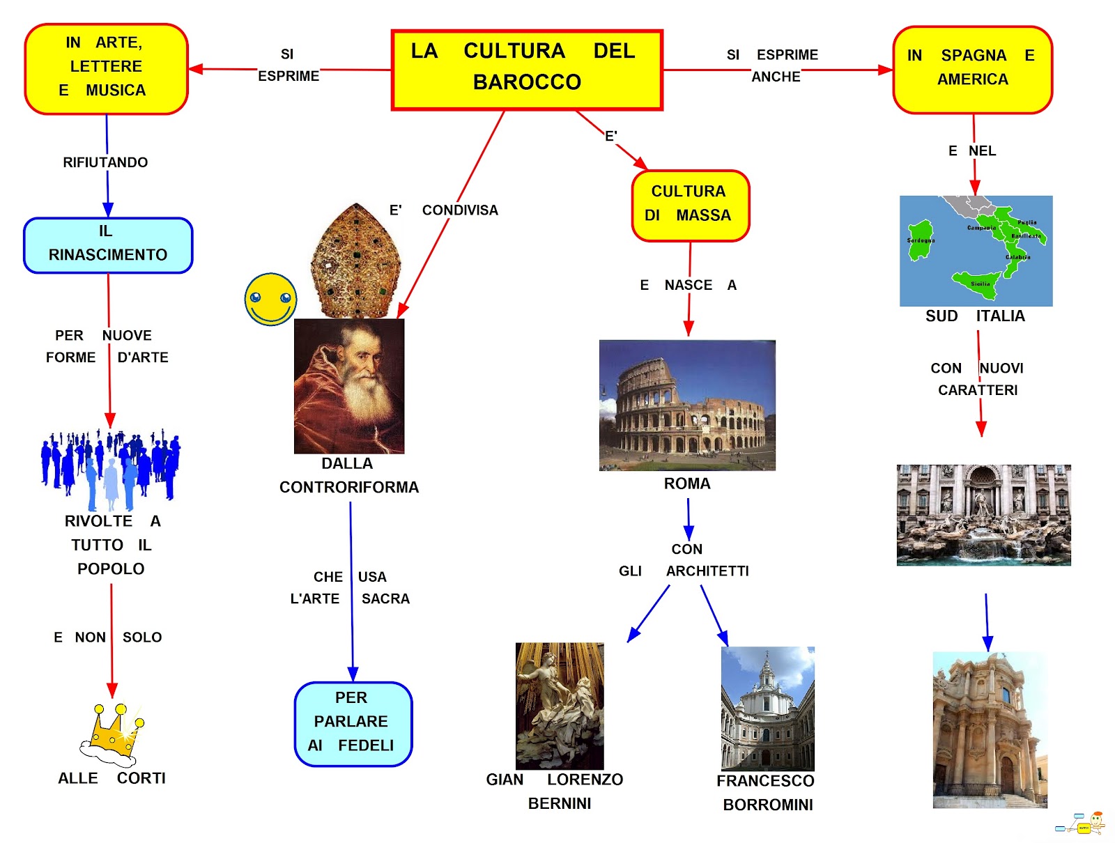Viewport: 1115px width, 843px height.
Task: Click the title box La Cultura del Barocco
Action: (x=527, y=70)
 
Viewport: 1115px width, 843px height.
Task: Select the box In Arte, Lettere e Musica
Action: (x=106, y=68)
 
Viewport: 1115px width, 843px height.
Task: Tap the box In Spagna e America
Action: (x=972, y=69)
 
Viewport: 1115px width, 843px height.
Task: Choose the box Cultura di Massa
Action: (x=690, y=206)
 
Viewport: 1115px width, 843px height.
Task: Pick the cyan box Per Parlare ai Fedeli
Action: (x=353, y=723)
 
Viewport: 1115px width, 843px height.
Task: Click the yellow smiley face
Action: (x=270, y=299)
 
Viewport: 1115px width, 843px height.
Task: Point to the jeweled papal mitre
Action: (x=356, y=261)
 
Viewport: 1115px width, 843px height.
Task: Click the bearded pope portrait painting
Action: (x=349, y=386)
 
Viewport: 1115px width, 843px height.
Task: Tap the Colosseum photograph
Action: (x=687, y=405)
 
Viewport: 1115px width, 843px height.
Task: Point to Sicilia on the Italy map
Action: (x=978, y=281)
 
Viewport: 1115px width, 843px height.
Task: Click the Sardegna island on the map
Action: (x=921, y=240)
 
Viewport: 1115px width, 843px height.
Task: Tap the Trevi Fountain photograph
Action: (x=983, y=515)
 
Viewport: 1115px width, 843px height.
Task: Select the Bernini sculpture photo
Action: (x=560, y=705)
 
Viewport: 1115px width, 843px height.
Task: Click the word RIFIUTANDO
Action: (x=105, y=162)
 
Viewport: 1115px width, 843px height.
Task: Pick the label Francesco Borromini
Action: (x=766, y=792)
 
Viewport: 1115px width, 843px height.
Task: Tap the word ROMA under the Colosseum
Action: (x=687, y=484)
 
